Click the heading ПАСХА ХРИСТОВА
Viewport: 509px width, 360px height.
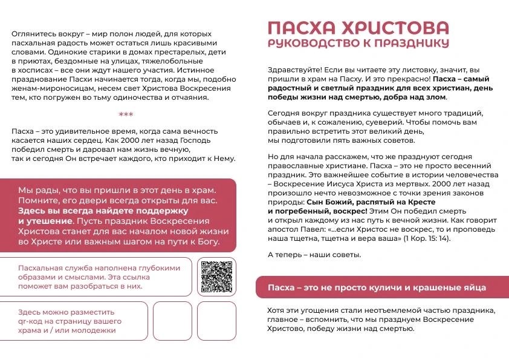(358, 28)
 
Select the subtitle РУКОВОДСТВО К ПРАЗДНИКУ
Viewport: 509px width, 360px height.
(358, 43)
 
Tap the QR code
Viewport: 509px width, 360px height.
(216, 276)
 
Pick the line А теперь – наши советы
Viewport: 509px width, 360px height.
(314, 254)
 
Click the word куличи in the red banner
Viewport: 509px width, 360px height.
(392, 287)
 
